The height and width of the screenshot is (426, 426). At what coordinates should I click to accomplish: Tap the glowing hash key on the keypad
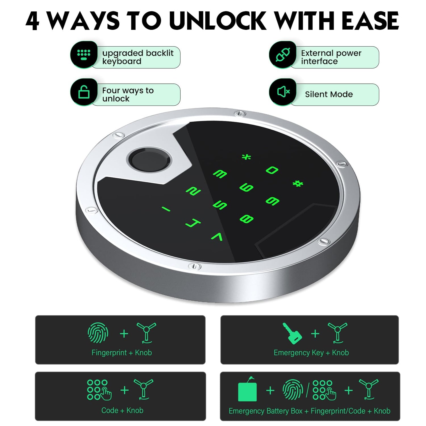point(298,183)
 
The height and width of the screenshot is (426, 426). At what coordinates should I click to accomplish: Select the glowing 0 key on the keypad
point(272,170)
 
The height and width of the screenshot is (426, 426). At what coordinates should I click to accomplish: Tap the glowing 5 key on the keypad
point(220,205)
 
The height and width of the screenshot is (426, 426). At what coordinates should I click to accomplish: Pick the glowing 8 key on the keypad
point(246,219)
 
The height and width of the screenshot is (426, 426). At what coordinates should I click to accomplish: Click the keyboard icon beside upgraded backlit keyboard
point(84,55)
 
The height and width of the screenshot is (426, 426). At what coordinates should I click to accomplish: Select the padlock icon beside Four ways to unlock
point(84,92)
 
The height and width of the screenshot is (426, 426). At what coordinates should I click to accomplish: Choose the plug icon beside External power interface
point(283,55)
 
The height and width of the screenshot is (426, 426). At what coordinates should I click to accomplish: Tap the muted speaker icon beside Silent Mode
point(283,92)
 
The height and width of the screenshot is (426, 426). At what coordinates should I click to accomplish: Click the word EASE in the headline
point(370,21)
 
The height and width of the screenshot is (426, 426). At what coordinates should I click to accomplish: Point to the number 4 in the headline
point(33,21)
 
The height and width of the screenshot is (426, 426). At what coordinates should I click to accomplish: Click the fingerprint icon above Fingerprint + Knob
point(98,333)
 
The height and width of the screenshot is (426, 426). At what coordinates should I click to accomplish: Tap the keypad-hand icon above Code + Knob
point(99,390)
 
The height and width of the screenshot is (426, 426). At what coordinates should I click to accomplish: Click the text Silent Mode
point(329,94)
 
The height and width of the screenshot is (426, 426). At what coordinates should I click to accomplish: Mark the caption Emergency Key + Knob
point(311,353)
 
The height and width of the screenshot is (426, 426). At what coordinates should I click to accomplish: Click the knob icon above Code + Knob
point(143,389)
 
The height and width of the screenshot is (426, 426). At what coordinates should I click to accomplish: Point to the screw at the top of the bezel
point(240,113)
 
